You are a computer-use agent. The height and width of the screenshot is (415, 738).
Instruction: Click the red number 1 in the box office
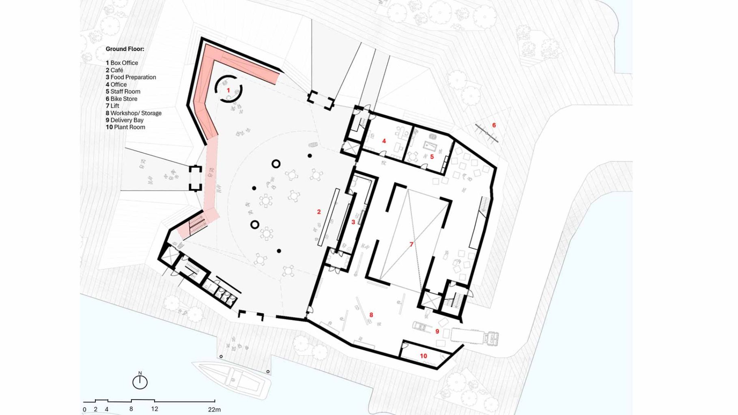pos(228,90)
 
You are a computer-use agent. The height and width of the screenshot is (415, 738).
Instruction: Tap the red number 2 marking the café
pos(319,212)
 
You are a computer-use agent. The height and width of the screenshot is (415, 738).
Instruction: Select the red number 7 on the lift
pos(411,244)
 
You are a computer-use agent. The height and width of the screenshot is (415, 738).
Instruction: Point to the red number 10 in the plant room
pos(424,356)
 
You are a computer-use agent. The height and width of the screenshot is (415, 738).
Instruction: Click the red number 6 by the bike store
pos(494,125)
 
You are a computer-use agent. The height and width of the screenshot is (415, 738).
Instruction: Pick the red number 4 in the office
pos(384,141)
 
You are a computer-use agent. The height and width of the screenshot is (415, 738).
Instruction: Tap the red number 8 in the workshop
pos(371,315)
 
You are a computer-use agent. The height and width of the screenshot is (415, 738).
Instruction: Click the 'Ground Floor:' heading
pos(125,49)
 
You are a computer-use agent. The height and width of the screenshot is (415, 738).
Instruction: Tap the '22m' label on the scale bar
pos(214,409)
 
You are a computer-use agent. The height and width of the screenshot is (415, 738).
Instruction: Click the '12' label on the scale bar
pos(155,409)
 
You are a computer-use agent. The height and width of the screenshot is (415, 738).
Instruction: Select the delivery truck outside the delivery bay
pos(475,337)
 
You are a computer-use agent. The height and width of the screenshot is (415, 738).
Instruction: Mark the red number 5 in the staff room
pos(432,156)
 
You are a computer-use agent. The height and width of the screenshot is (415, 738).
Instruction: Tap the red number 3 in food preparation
pos(353,222)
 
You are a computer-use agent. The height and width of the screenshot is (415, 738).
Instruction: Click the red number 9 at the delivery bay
pos(437,331)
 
